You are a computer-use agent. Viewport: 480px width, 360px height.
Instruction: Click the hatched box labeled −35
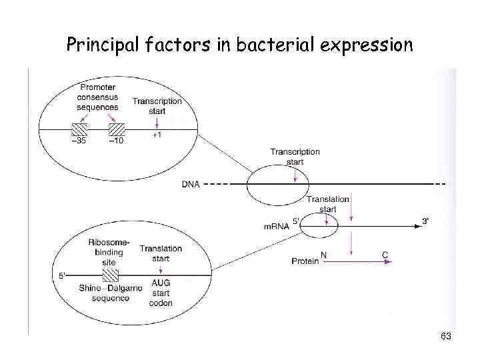(79, 129)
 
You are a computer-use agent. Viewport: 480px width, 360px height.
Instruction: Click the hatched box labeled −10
(117, 129)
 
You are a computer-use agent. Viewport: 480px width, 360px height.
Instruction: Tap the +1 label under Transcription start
(157, 135)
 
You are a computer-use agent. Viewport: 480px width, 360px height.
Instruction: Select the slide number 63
(446, 337)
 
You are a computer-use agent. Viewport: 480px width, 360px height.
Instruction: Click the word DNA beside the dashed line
(191, 184)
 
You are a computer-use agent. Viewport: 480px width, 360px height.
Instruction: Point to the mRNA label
(277, 227)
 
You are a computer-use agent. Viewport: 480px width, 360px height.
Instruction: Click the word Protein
(305, 261)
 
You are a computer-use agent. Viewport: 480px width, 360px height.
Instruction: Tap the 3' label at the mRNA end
(425, 221)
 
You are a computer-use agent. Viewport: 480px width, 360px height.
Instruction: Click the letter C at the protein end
(385, 254)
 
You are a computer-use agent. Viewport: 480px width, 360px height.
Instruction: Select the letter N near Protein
(324, 254)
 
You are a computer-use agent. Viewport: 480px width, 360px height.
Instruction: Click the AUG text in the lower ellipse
(161, 283)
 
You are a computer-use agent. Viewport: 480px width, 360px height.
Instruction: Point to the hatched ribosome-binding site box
(110, 276)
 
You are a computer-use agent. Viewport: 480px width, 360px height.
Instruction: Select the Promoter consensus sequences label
(97, 97)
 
